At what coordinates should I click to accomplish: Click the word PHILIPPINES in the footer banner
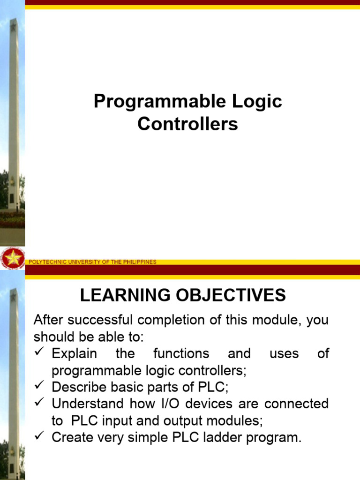pos(139,262)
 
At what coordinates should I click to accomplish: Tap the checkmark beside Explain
pos(39,352)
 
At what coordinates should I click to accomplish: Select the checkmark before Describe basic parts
pos(39,386)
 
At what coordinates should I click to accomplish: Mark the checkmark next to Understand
pos(39,403)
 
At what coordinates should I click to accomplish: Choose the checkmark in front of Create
pos(39,437)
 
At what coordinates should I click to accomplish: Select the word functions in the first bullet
pos(181,353)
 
